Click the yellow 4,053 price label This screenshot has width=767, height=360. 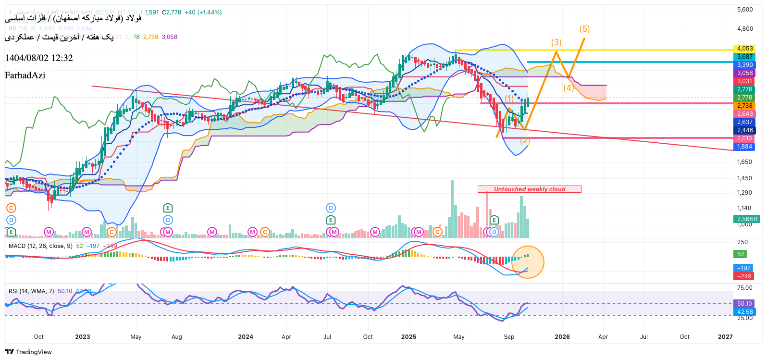[745, 49]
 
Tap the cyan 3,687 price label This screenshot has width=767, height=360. [745, 57]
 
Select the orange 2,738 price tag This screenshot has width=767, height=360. [745, 106]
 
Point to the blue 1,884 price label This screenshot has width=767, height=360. [745, 147]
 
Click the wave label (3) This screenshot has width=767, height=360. [556, 42]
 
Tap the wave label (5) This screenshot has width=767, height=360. [584, 29]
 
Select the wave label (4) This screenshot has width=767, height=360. [569, 87]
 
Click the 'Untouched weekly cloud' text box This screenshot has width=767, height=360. [529, 189]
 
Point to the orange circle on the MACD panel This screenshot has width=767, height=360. [528, 262]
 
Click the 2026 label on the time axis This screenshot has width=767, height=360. [562, 337]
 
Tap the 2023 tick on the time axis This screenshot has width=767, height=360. [83, 337]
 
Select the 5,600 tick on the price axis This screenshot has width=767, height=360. [745, 10]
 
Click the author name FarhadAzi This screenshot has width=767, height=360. [25, 75]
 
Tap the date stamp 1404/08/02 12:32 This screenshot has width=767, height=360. [39, 58]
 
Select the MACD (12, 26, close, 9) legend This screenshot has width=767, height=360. [40, 246]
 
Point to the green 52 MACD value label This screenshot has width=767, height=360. [741, 254]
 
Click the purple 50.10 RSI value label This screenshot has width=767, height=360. [744, 304]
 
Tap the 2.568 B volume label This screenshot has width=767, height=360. [747, 219]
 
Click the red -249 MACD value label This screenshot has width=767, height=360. [744, 276]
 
